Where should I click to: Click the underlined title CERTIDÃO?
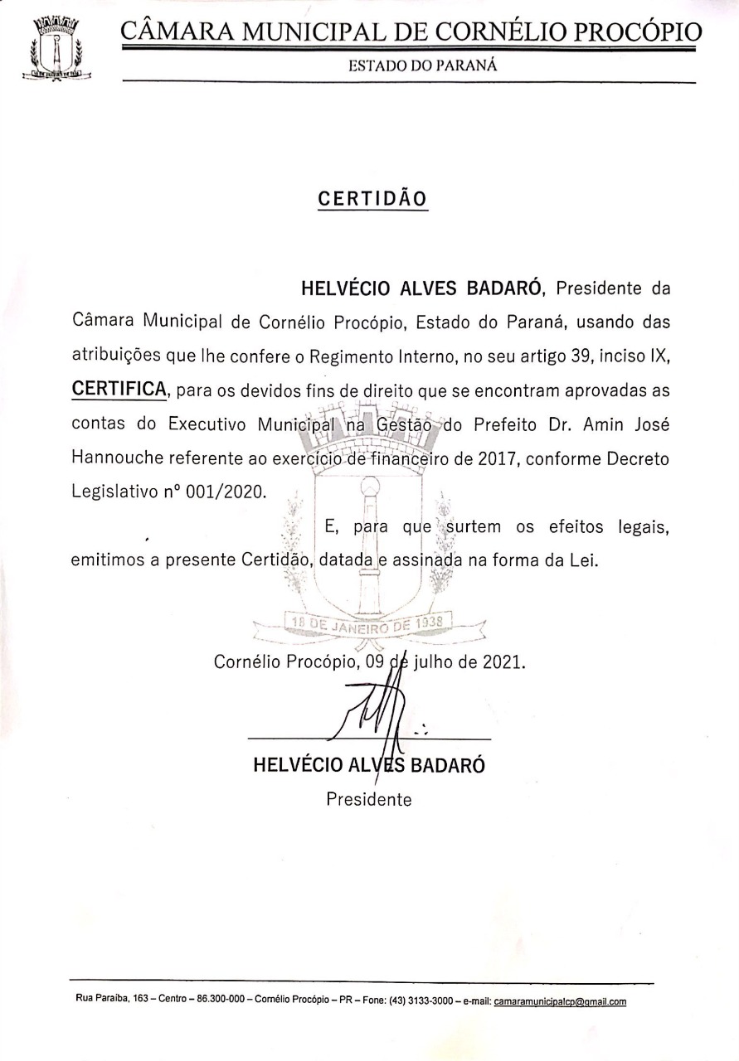pos(372,199)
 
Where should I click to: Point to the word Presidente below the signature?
pos(369,799)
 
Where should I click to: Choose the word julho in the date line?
pos(435,662)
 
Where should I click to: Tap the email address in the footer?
pos(560,1001)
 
